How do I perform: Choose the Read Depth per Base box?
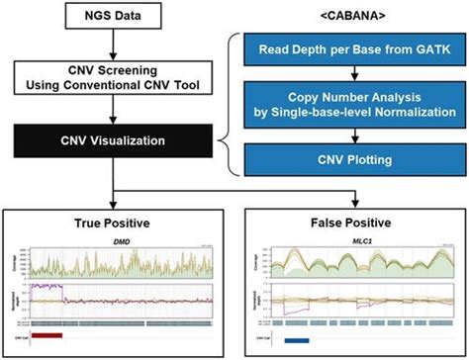(x=350, y=49)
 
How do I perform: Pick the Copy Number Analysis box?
(x=350, y=105)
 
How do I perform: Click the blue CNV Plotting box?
(x=350, y=157)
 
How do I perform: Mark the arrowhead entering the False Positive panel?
(x=350, y=197)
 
